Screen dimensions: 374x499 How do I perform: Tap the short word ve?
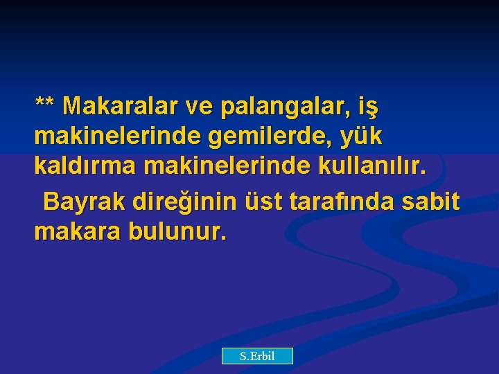200,107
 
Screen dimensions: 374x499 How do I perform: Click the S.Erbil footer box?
257,356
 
